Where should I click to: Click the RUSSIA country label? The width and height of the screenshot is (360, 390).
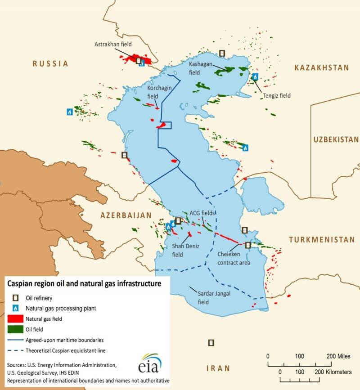point(50,64)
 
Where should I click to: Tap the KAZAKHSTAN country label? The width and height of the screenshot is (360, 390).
point(321,68)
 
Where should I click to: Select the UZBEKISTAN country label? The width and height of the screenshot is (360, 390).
point(336,139)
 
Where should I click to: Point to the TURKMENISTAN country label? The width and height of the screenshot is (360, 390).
point(322,240)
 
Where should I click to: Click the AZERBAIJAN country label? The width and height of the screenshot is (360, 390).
point(126,215)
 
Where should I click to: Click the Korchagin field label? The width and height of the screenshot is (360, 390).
point(160,92)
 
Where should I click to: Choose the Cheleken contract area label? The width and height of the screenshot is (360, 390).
point(234,259)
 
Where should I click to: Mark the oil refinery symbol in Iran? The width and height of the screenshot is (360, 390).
point(211,343)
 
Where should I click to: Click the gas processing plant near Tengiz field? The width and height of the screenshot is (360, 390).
point(255,77)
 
